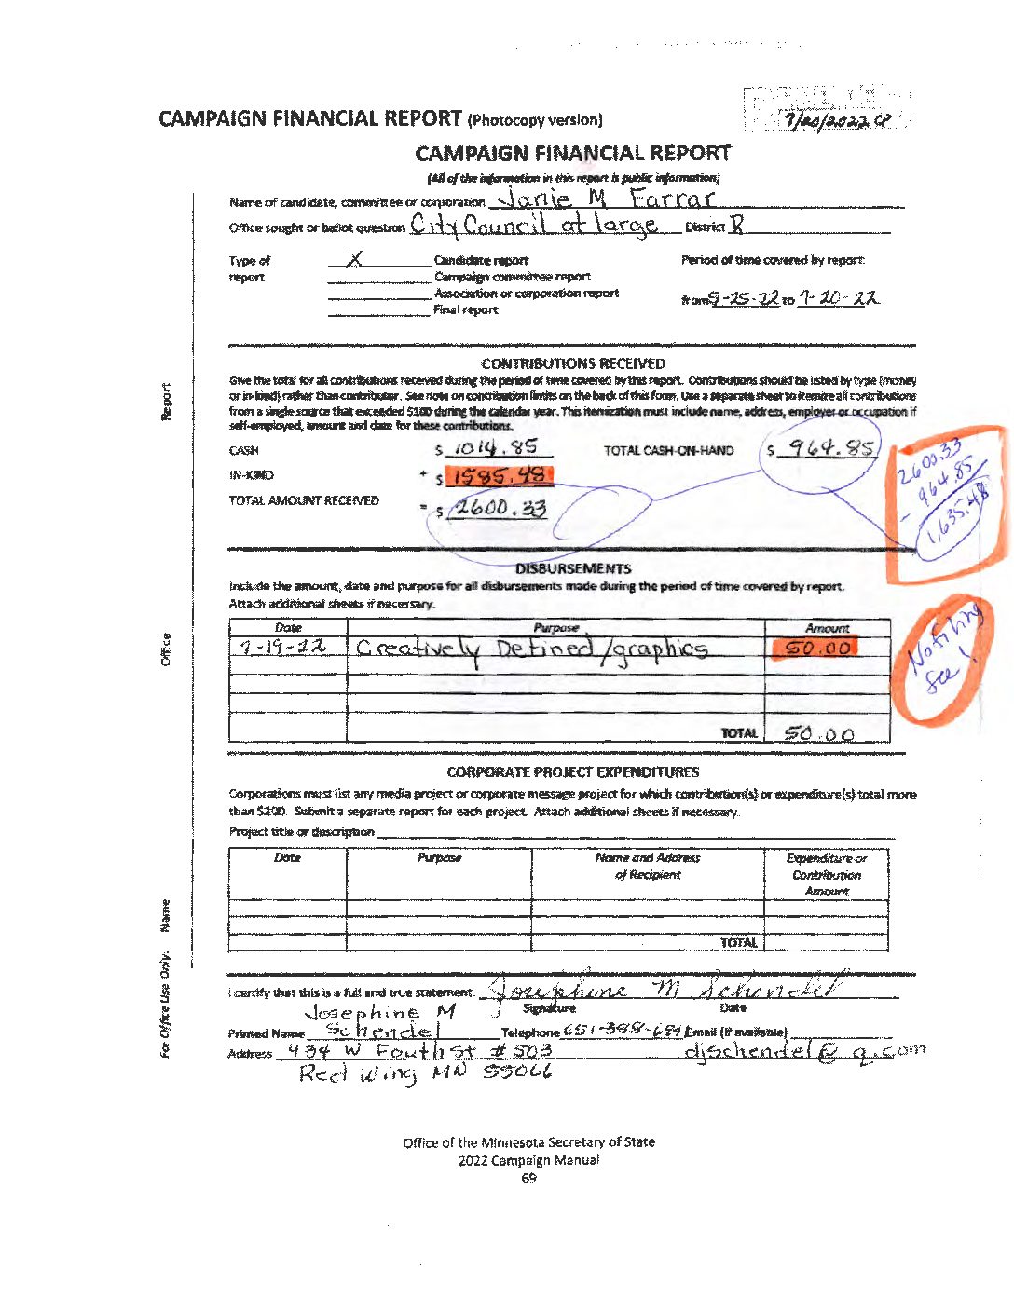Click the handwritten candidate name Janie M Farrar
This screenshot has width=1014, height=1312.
tap(606, 198)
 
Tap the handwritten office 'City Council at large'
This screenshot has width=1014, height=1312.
tap(534, 225)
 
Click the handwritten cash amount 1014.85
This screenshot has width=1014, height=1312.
tap(496, 448)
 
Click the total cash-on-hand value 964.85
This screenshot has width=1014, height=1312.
tap(829, 449)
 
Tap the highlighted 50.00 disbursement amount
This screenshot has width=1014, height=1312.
tap(816, 649)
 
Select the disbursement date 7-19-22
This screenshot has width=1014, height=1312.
tap(282, 648)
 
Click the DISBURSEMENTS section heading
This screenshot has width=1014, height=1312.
tap(572, 568)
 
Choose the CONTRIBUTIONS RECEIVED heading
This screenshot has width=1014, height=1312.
tap(573, 363)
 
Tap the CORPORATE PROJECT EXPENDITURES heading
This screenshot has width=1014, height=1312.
tap(572, 772)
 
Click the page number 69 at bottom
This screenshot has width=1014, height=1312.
tap(528, 1179)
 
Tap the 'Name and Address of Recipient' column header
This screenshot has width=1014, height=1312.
tap(648, 866)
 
